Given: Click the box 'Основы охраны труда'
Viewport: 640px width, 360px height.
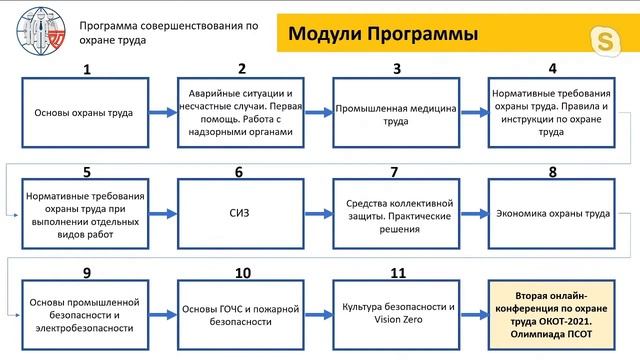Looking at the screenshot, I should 86,113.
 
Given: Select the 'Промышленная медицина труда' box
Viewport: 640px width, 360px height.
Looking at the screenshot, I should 397,113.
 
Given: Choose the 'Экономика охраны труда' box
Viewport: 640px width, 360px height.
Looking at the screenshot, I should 552,213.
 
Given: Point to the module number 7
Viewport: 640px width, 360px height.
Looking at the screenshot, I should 395,172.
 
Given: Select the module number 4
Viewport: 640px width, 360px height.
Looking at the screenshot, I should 552,69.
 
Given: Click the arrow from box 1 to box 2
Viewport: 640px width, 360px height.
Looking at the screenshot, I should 163,113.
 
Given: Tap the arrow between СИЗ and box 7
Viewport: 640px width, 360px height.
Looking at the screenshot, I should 319,213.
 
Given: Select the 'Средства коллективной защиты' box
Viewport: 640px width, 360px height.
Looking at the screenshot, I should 397,213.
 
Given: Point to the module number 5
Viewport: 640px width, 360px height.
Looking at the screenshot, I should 87,172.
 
